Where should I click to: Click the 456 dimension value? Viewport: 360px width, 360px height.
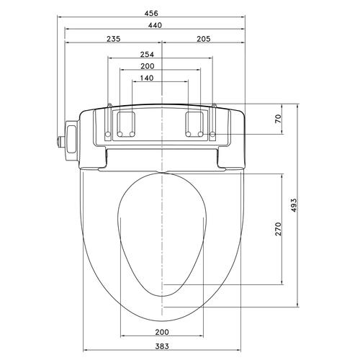pos(151,13)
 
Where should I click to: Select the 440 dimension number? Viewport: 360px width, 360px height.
pos(155,25)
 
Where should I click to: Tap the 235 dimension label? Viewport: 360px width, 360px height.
pos(113,39)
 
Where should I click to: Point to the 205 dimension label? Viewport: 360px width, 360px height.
pos(204,39)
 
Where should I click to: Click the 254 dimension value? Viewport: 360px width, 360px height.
pos(147,55)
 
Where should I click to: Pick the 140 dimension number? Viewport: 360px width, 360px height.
pos(146,78)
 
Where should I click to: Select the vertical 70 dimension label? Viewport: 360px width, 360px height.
pos(278,119)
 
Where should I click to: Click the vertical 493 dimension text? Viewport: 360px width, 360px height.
pos(294,205)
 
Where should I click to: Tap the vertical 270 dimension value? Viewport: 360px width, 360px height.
pos(278,229)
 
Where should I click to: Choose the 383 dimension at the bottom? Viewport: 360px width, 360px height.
pos(162,346)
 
